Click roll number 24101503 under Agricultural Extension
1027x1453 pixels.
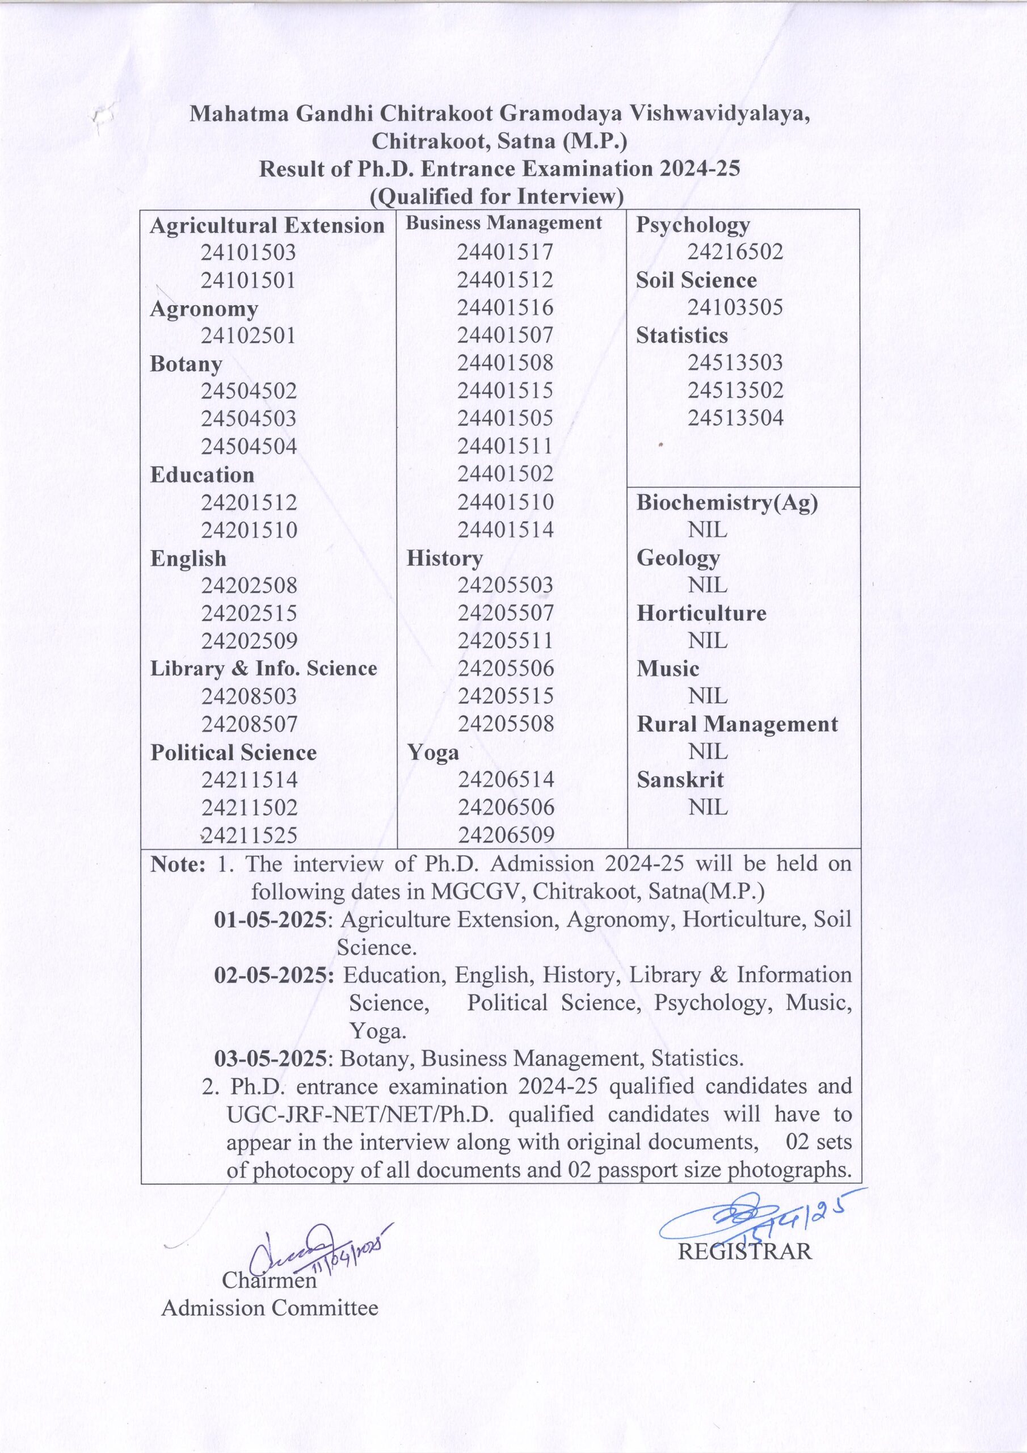tap(248, 253)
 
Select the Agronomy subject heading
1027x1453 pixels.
tap(204, 309)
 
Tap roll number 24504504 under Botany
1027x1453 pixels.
tap(249, 446)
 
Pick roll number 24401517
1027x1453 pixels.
tap(505, 252)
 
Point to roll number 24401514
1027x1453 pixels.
tap(505, 529)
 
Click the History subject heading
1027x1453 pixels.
tap(444, 557)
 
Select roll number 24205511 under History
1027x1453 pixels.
tap(505, 640)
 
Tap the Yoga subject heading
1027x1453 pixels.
tap(433, 752)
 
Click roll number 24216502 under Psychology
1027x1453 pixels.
tap(735, 252)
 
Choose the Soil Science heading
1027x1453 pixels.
tap(696, 280)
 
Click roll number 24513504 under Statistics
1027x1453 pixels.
tap(735, 418)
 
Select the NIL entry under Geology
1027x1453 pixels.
tap(708, 585)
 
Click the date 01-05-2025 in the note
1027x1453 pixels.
tap(271, 919)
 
